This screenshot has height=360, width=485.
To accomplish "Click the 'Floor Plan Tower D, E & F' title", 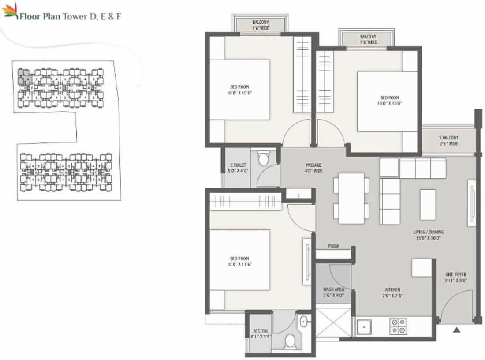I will [x=70, y=16].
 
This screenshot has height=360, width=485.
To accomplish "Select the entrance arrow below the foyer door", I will [x=456, y=329].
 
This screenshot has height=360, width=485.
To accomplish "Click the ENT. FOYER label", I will [x=455, y=277].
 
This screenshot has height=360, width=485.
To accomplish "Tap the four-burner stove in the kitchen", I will [x=398, y=326].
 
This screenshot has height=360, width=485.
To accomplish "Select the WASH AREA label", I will [x=333, y=292].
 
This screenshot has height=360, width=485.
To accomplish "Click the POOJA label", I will [x=333, y=246].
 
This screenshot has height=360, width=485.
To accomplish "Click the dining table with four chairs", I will [x=351, y=198].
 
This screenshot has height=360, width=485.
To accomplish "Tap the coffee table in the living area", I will [x=427, y=204].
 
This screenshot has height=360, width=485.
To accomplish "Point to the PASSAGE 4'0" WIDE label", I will [x=313, y=168].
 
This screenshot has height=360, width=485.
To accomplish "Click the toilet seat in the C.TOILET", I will [x=264, y=159].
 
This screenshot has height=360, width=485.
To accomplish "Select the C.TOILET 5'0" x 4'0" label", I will [x=236, y=167].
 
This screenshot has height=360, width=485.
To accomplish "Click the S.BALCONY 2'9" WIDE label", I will [x=448, y=141].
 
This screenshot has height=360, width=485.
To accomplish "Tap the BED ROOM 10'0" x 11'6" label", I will [x=239, y=261].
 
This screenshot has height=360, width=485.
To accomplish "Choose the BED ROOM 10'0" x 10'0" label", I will [x=389, y=101].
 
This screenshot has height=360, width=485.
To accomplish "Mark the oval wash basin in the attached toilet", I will [x=304, y=322].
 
